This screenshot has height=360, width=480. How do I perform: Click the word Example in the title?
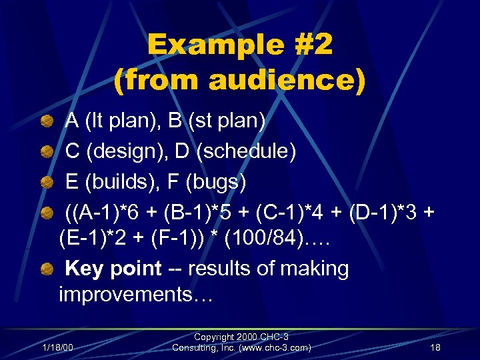pyautogui.click(x=198, y=45)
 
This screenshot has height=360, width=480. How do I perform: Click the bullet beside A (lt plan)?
pyautogui.click(x=47, y=121)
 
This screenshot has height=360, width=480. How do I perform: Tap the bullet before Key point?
pyautogui.click(x=47, y=269)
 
